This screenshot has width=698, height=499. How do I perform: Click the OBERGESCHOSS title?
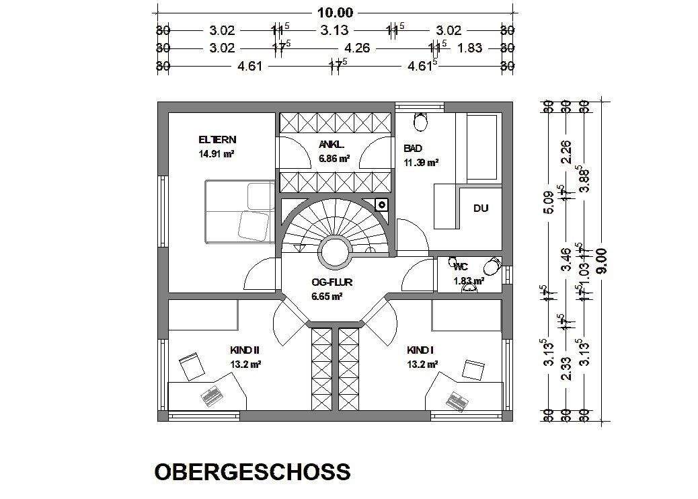click(x=252, y=471)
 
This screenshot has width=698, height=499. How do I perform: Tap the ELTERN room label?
click(x=217, y=140)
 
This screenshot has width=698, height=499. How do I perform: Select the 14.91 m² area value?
click(x=216, y=153)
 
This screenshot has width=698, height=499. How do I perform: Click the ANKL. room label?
click(x=332, y=145)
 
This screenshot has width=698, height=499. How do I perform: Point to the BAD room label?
click(x=412, y=148)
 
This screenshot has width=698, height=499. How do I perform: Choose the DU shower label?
click(x=480, y=208)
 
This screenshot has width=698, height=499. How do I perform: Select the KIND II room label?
click(x=245, y=350)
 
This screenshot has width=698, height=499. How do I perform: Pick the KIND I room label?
click(x=421, y=350)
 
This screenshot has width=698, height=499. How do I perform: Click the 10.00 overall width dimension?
click(x=335, y=12)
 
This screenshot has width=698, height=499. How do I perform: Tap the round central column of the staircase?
click(x=334, y=253)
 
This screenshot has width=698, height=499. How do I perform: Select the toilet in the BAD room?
click(x=422, y=122)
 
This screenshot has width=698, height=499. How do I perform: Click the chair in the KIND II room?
click(x=193, y=365)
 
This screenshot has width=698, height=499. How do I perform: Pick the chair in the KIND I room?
click(x=473, y=369)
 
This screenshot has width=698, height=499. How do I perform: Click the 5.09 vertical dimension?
click(x=549, y=202)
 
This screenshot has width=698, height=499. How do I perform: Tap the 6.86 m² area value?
click(x=334, y=159)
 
